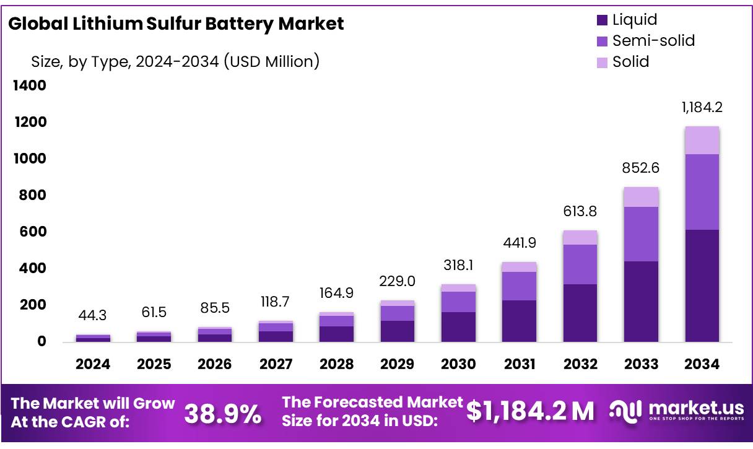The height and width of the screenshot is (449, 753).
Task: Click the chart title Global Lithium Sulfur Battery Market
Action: [x=176, y=24]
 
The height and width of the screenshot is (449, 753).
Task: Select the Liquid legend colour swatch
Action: [x=602, y=20]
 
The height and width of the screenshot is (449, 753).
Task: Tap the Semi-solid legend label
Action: [x=653, y=41]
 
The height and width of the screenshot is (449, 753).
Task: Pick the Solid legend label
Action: [x=630, y=62]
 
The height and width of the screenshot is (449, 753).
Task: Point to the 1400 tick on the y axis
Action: [x=30, y=85]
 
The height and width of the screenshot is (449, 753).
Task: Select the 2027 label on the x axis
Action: [x=276, y=364]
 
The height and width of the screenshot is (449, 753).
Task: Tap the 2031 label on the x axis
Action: [x=519, y=364]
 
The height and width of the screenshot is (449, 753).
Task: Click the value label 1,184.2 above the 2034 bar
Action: [x=702, y=107]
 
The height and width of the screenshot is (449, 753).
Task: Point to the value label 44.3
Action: [x=93, y=316]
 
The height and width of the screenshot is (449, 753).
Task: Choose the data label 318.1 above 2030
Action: [x=458, y=266]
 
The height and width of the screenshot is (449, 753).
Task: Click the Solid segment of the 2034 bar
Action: [x=702, y=141]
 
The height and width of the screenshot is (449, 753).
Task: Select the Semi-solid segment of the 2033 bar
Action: [x=641, y=234]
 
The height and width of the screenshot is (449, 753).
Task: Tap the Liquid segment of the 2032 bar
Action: [x=580, y=313]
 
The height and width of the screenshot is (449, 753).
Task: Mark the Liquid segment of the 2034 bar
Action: [x=702, y=286]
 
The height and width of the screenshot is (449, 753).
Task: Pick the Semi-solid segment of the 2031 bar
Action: [x=519, y=286]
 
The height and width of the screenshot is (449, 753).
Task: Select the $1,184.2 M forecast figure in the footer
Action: [x=530, y=411]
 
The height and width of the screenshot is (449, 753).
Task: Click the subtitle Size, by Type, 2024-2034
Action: [x=175, y=62]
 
